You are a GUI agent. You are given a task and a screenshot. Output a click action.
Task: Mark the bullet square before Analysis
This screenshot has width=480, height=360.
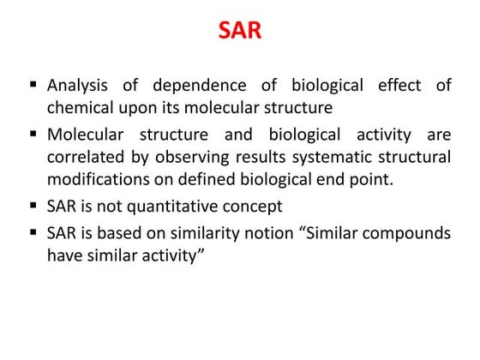pyautogui.click(x=33, y=85)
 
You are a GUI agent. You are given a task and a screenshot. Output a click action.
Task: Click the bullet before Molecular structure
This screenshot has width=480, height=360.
pyautogui.click(x=33, y=135)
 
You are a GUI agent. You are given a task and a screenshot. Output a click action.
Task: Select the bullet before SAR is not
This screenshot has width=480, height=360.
pyautogui.click(x=33, y=207)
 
